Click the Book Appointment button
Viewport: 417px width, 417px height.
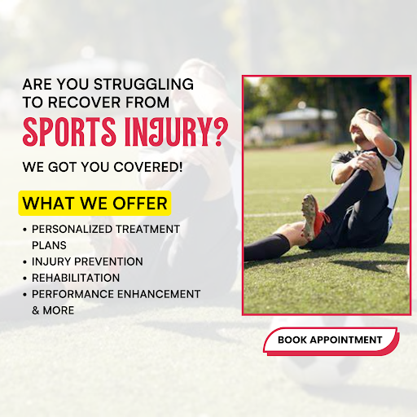pos(331,340)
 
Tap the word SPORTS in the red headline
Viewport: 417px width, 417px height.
pos(69,132)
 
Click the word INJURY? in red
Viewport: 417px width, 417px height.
pos(177,132)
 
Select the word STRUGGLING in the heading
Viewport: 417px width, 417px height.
pos(143,84)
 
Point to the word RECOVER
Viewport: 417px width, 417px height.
pos(84,103)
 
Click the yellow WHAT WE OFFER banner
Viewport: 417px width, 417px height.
pos(94,204)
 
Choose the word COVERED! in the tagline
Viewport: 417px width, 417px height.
pos(148,167)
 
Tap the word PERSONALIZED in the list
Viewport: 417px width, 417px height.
pos(72,229)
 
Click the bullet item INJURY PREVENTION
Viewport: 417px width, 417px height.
pos(87,261)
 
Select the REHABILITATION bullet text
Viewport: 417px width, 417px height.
pos(76,278)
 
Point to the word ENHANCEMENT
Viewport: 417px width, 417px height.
pos(159,294)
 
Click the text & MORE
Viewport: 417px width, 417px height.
pos(53,310)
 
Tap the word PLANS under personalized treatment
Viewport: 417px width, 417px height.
pos(49,245)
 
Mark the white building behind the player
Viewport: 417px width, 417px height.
pos(300,122)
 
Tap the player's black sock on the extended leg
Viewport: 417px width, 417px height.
pos(266,247)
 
